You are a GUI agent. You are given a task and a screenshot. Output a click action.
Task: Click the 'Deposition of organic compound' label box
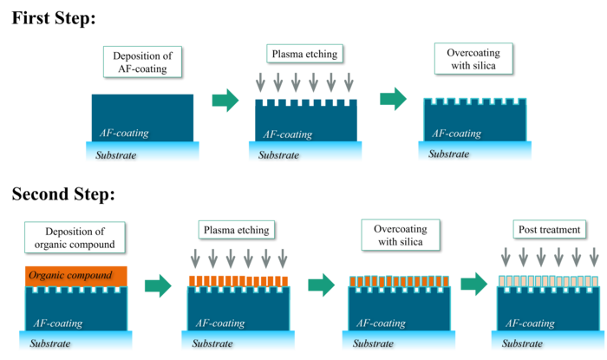pos(75,236)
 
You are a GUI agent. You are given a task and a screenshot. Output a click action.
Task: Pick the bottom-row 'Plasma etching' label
pos(236,231)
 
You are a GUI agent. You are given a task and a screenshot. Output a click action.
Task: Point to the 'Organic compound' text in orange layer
pos(69,276)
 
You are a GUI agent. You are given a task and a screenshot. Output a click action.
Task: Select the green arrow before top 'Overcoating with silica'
pos(394,99)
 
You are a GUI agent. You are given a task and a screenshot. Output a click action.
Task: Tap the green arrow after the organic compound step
pos(157,285)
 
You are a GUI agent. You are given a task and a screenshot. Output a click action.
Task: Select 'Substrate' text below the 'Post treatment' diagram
pos(526,344)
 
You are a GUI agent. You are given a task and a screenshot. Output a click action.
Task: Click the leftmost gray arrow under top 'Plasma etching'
pos(259,84)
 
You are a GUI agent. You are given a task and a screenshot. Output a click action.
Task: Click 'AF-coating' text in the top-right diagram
pos(456,134)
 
